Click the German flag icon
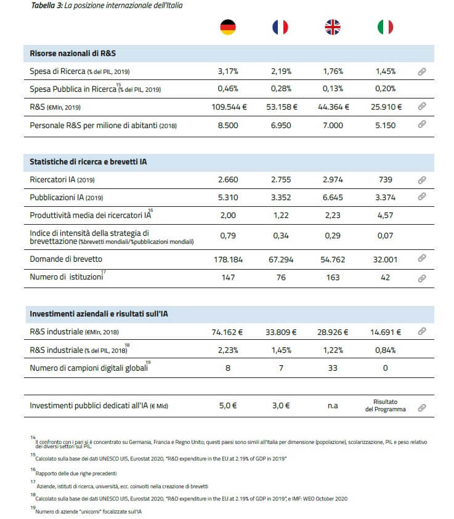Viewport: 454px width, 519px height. (228, 27)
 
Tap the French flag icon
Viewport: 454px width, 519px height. (280, 27)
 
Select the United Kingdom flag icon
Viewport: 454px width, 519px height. (333, 27)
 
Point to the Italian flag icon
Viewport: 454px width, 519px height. (386, 27)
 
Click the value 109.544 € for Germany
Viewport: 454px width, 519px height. (228, 107)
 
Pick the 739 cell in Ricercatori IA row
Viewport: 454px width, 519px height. (386, 180)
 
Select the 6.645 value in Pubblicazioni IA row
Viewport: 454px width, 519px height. (333, 197)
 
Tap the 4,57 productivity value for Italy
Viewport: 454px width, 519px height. (386, 215)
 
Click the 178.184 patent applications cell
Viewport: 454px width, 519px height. (228, 259)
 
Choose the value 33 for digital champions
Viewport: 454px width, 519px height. (333, 368)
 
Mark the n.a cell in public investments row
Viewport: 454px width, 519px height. (333, 406)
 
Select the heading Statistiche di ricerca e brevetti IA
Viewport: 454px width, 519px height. (88, 161)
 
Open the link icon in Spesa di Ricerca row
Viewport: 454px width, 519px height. (422, 71)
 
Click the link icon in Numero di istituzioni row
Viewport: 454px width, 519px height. (422, 278)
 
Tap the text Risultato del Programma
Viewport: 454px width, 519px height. (386, 406)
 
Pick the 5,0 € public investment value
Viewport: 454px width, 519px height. (228, 406)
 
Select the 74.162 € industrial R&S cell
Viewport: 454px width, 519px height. (228, 331)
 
